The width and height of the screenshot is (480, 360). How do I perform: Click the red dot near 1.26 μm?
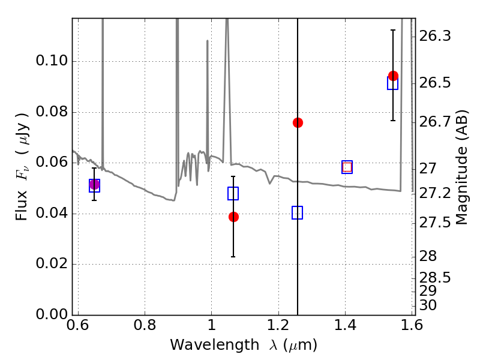[x=298, y=122]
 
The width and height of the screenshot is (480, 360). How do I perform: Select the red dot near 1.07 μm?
[x=233, y=217]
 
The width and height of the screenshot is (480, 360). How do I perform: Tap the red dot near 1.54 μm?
[x=393, y=76]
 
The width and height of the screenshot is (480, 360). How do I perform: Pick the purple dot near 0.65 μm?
[x=94, y=185]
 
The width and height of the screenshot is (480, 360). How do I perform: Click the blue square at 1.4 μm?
[x=347, y=167]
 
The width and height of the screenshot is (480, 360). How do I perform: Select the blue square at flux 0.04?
[x=297, y=212]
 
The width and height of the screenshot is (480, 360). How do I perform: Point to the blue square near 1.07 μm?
[x=233, y=193]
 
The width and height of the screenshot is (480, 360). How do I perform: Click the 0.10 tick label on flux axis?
[x=52, y=62]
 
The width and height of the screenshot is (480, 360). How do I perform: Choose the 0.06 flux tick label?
[x=52, y=163]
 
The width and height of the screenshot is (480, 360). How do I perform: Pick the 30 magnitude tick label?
[x=429, y=305]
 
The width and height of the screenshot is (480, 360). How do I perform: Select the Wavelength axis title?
[x=243, y=346]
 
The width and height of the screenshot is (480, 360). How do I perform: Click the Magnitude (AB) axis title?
[x=462, y=167]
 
